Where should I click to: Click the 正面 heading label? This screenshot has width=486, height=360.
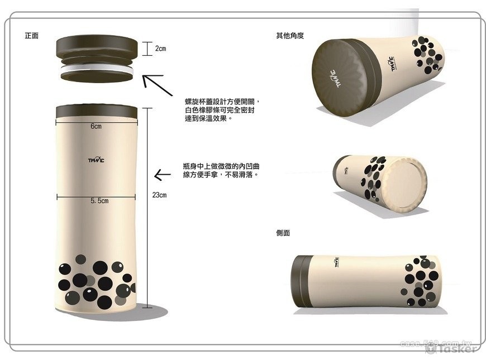click(31, 36)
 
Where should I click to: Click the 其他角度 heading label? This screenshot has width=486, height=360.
click(289, 36)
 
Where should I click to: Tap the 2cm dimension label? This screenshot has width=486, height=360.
click(160, 49)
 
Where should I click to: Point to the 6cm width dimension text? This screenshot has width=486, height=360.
click(96, 126)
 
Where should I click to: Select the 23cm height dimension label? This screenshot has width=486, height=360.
click(159, 195)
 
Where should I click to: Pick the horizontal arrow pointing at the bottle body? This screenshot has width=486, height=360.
click(162, 175)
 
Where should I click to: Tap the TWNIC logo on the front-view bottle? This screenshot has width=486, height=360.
click(97, 162)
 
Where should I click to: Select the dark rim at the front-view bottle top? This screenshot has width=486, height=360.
click(97, 111)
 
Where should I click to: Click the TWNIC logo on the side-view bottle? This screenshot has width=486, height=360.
click(339, 262)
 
